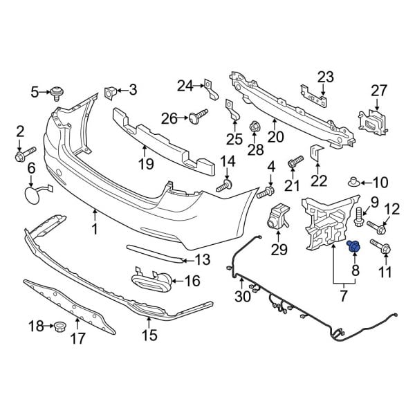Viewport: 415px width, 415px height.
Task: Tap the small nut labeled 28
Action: click(254, 126)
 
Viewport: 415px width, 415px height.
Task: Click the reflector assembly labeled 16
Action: click(153, 281)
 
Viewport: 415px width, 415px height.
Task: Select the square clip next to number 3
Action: click(111, 91)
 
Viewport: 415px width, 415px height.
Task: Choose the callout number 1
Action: click(95, 228)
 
